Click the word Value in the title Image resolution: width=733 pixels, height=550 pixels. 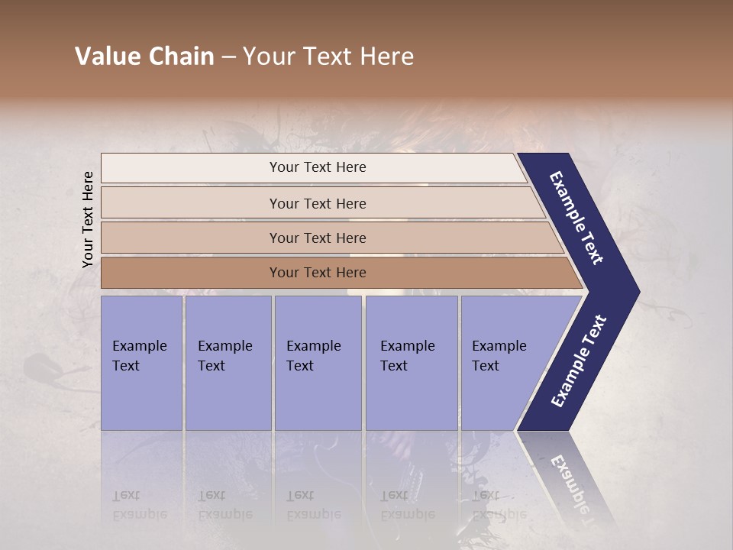point(106,57)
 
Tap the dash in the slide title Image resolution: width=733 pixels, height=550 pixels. point(228,57)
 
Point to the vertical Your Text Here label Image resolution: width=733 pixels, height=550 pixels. point(88,219)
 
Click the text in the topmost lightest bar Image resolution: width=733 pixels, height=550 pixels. point(318,167)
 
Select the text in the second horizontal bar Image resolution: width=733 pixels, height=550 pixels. point(318,203)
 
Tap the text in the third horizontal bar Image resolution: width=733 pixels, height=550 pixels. point(318,238)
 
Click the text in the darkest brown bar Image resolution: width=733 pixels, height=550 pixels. point(318,272)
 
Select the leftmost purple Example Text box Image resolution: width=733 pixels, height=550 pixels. point(141,363)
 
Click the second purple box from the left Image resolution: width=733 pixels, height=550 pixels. point(228,363)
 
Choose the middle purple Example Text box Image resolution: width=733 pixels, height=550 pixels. point(318,363)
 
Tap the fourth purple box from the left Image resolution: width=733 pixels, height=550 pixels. point(412,363)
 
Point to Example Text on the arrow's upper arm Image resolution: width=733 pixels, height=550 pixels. point(577,218)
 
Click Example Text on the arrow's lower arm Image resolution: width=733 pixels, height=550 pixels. point(579,361)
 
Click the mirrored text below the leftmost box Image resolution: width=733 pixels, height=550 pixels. point(139,505)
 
